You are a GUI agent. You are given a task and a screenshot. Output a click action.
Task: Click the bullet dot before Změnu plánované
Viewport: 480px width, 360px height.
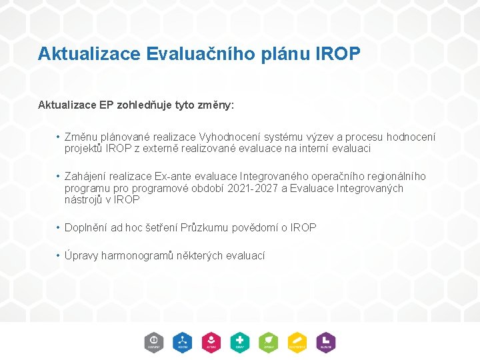pyautogui.click(x=59, y=137)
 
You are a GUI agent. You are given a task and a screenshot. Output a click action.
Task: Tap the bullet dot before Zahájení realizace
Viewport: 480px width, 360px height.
pyautogui.click(x=59, y=176)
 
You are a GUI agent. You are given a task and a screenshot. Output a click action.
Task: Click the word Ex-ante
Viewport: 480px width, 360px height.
pyautogui.click(x=173, y=176)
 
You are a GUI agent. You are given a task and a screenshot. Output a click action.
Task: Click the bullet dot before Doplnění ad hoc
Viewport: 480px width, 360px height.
pyautogui.click(x=59, y=227)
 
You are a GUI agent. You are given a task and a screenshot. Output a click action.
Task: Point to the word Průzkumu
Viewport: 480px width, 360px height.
pyautogui.click(x=207, y=227)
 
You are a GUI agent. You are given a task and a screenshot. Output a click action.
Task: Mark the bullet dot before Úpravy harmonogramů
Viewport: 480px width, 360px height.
pyautogui.click(x=59, y=255)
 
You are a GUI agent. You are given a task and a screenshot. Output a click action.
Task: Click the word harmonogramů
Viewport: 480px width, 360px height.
pyautogui.click(x=137, y=255)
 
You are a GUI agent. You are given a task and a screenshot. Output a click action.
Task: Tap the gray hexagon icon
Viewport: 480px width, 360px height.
pyautogui.click(x=154, y=342)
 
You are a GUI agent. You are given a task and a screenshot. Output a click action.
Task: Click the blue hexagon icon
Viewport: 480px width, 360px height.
pyautogui.click(x=183, y=342)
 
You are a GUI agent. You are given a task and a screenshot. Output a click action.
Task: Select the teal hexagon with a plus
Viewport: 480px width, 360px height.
pyautogui.click(x=240, y=342)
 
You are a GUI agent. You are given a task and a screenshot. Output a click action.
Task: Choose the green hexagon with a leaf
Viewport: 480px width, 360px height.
pyautogui.click(x=269, y=342)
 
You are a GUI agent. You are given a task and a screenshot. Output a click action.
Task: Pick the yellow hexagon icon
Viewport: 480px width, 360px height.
pyautogui.click(x=297, y=342)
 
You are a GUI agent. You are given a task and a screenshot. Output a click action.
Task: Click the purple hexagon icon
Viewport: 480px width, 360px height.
pyautogui.click(x=325, y=342)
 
